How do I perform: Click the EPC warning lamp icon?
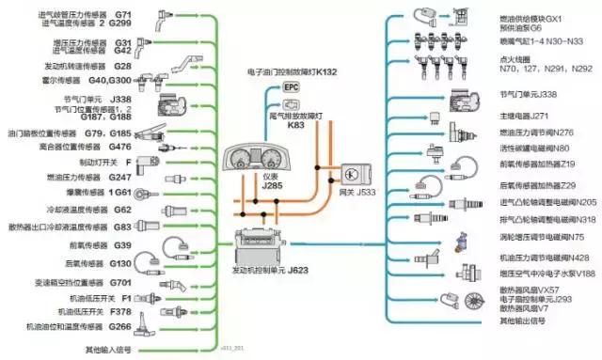tap(291, 86)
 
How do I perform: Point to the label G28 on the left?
tap(122, 67)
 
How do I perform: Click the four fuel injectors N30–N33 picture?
tap(438, 43)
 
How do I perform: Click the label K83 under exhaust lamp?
tap(296, 125)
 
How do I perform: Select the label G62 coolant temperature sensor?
tap(121, 210)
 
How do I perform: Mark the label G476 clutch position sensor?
tap(119, 146)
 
